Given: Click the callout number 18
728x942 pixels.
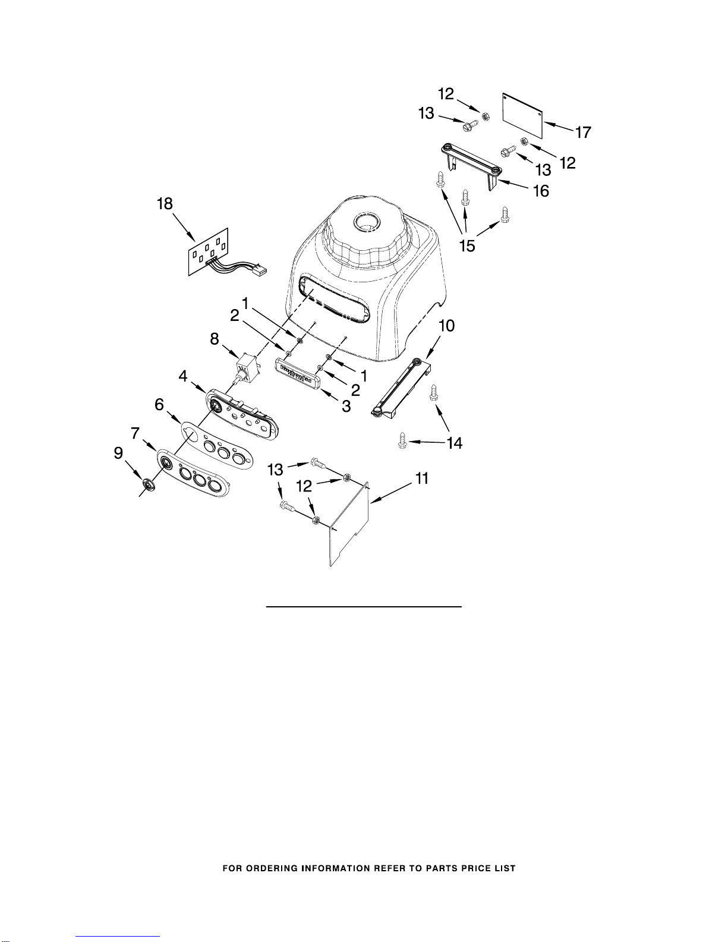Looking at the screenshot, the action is point(165,203).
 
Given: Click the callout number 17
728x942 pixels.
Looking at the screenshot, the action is point(583,132).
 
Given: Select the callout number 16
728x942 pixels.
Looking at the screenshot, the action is point(541,191).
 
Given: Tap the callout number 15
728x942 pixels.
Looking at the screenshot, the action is point(467,246).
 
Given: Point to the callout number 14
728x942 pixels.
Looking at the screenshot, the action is point(455,443).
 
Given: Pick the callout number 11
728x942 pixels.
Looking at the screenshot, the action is point(421,478).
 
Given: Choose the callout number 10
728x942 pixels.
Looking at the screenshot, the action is point(447,326).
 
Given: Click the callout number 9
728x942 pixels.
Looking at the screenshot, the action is point(118,453).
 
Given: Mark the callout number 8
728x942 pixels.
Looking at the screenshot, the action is point(215,339).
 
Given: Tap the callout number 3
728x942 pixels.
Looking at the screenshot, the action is point(346,406).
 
